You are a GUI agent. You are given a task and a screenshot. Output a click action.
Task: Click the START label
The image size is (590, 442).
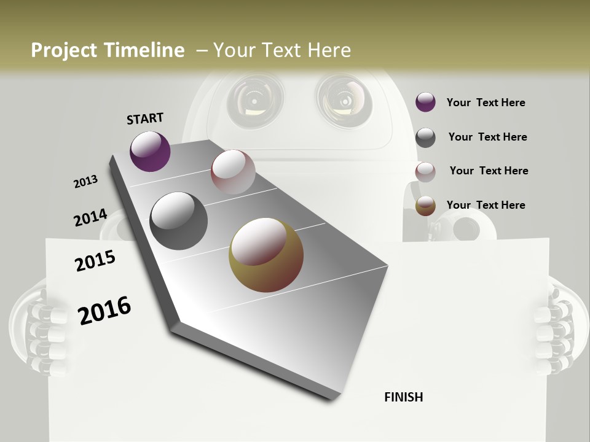[x=145, y=118]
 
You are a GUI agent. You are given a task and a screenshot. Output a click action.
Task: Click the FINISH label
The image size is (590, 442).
[x=403, y=397]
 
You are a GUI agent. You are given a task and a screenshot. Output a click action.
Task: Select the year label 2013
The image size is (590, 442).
[x=85, y=182]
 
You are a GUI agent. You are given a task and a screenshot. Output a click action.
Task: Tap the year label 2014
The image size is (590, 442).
[x=90, y=218]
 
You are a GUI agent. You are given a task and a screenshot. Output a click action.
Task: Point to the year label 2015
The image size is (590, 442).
[x=95, y=262]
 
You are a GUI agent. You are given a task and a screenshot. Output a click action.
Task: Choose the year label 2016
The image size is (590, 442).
[x=104, y=311]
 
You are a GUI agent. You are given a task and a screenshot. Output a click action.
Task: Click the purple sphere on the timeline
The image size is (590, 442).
[x=150, y=151]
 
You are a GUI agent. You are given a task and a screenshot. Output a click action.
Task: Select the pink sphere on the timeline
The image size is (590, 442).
[x=233, y=172]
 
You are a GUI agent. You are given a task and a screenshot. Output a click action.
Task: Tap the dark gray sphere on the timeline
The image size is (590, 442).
[x=178, y=221]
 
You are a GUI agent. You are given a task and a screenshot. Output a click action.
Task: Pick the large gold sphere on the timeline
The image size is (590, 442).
[x=265, y=255]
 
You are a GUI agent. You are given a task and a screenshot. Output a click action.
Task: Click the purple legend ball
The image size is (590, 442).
[x=425, y=103]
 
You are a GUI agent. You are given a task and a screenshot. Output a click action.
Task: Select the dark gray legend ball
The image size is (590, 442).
[x=425, y=138]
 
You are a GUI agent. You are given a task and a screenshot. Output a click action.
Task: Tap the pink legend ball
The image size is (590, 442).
[x=425, y=172]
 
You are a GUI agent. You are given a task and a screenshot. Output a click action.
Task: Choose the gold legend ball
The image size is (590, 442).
[x=425, y=206]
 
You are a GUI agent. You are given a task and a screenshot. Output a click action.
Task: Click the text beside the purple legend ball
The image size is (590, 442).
[x=486, y=103]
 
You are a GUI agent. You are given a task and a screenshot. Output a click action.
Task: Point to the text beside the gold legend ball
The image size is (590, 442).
[x=486, y=205]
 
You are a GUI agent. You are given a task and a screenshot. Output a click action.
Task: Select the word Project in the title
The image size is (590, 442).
[x=64, y=50]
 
